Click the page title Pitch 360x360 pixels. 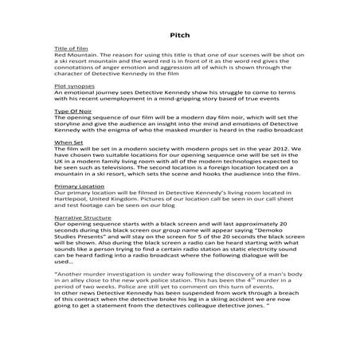pos(179,35)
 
